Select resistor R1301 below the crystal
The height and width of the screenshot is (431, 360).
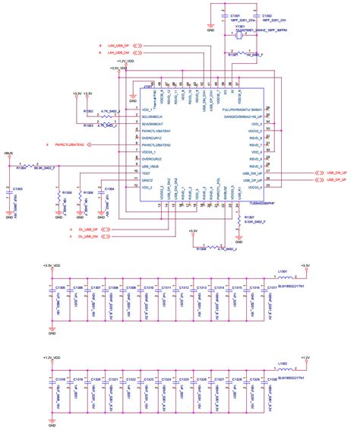[x=233, y=55]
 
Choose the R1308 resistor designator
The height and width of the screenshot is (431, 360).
[x=201, y=249]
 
